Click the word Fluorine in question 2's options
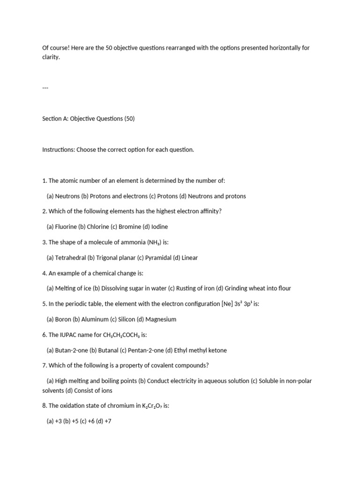click(x=66, y=226)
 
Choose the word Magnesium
click(x=161, y=319)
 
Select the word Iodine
click(x=159, y=226)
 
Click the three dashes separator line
click(x=45, y=88)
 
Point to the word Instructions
click(x=59, y=150)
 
